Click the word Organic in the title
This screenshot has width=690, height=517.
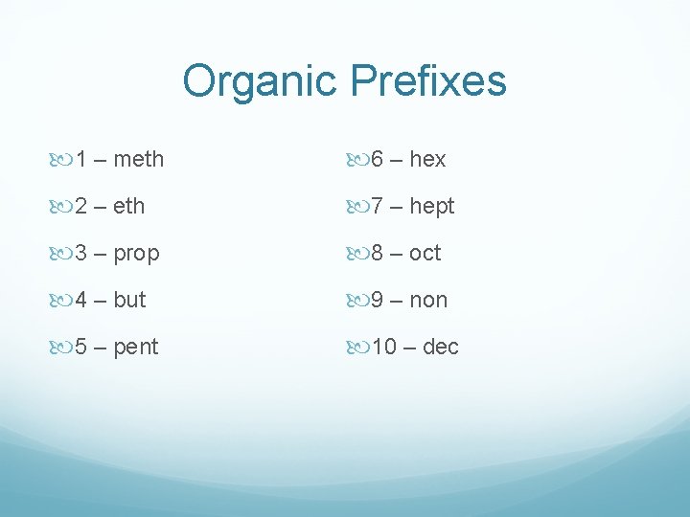pyautogui.click(x=261, y=82)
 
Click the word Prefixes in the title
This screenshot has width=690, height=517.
pyautogui.click(x=427, y=82)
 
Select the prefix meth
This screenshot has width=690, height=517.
pyautogui.click(x=138, y=159)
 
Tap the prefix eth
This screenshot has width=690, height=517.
pyautogui.click(x=128, y=206)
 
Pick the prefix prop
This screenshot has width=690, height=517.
pyautogui.click(x=136, y=254)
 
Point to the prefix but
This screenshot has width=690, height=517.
pyautogui.click(x=129, y=300)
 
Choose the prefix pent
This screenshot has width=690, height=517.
pyautogui.click(x=135, y=347)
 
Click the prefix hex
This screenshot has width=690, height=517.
pyautogui.click(x=427, y=159)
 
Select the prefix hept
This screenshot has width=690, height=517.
pyautogui.click(x=431, y=206)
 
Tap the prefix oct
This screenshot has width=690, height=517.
pyautogui.click(x=425, y=253)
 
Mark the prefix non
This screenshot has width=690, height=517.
pyautogui.click(x=428, y=300)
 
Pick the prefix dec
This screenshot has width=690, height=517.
pyautogui.click(x=440, y=347)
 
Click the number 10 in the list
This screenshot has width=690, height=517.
pyautogui.click(x=383, y=347)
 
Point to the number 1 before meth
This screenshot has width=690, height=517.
pyautogui.click(x=83, y=159)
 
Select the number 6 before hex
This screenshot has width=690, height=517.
pyautogui.click(x=378, y=159)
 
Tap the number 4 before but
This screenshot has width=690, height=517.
pyautogui.click(x=83, y=300)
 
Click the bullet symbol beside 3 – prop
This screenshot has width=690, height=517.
pyautogui.click(x=64, y=253)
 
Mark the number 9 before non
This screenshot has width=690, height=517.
pyautogui.click(x=378, y=300)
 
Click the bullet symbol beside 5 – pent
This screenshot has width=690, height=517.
pyautogui.click(x=64, y=347)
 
